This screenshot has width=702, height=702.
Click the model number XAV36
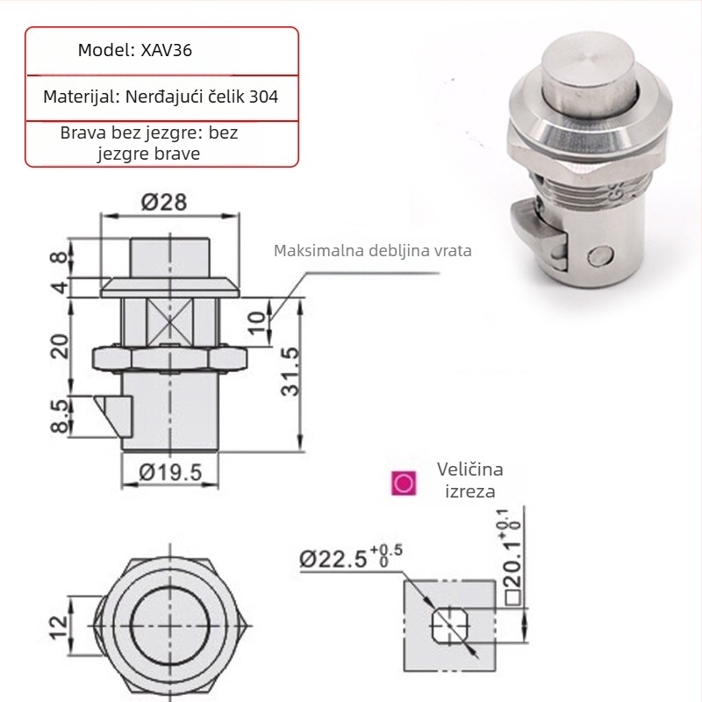[x=166, y=50]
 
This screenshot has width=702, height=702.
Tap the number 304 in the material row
[x=264, y=97]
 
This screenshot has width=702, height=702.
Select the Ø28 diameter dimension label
[x=164, y=202]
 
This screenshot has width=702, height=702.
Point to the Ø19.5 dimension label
[x=170, y=472]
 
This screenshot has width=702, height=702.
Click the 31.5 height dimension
[x=290, y=371]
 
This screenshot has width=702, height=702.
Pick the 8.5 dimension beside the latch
[x=60, y=416]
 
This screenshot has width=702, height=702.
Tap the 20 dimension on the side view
[x=60, y=347]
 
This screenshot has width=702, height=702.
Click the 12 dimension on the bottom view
[x=60, y=627]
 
